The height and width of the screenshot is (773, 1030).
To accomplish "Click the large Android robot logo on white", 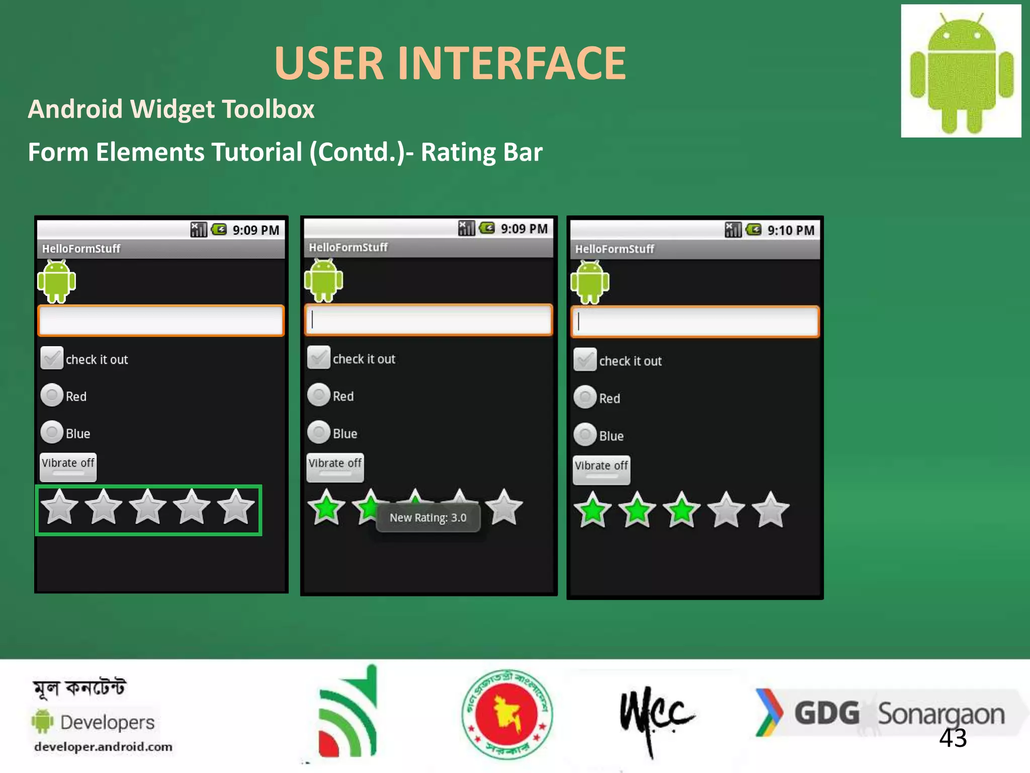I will tap(961, 71).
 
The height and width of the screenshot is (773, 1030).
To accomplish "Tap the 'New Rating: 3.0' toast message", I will tap(428, 518).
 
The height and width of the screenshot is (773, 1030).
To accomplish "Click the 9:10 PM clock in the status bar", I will tap(790, 230).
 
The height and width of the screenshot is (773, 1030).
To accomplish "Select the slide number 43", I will tap(953, 738).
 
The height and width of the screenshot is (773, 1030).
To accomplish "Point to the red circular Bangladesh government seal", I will tap(507, 714).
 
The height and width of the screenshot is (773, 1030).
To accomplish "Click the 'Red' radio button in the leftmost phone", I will tap(52, 396).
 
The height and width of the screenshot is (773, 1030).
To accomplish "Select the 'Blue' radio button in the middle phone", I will tap(319, 433).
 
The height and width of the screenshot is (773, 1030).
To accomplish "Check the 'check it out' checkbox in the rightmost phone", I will tap(585, 360).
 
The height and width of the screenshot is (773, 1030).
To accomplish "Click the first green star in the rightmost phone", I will tap(592, 510).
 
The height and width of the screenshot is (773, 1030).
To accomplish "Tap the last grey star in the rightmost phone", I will tap(770, 510).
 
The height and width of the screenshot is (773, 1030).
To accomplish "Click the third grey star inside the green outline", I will tap(147, 507).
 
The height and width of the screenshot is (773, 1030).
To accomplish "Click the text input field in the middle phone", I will tap(428, 320).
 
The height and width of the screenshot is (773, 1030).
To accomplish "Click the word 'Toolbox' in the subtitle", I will tap(268, 109).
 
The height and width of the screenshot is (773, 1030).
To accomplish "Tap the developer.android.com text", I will tap(103, 747).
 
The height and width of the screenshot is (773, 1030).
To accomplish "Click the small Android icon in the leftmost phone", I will tap(57, 281).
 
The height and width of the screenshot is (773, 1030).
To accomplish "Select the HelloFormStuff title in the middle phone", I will tap(348, 247).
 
